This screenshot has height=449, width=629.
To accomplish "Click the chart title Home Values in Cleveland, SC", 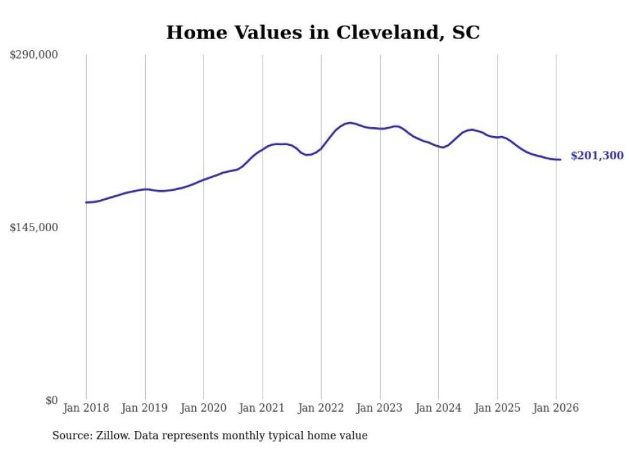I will tap(323, 33).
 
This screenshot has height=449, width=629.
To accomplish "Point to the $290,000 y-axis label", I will tap(33, 55).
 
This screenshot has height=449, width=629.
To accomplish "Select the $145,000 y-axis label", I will tap(33, 228).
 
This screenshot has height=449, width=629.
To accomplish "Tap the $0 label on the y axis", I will tap(51, 401).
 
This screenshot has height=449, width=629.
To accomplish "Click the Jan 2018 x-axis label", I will tap(86, 409).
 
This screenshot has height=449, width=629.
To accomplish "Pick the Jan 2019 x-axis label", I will tap(145, 409).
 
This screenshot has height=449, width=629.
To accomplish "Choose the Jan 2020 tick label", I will tap(203, 409).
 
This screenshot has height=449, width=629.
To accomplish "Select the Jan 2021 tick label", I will tap(263, 409).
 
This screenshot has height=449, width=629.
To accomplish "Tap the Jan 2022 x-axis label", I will tap(321, 409).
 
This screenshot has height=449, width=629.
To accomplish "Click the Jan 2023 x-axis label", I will tap(380, 409).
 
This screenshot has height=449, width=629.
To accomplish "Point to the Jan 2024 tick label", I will tap(438, 409).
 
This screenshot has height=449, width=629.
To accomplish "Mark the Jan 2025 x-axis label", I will tap(497, 409).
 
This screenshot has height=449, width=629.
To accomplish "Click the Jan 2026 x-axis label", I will tap(556, 409).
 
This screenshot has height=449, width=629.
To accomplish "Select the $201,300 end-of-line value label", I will tap(597, 156).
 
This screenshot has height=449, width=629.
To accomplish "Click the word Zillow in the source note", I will tap(108, 436).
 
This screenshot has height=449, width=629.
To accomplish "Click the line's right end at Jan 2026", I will tap(561, 159).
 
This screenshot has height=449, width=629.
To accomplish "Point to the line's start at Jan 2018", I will tap(86, 202).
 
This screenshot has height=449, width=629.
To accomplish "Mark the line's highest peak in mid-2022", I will tap(349, 123).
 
